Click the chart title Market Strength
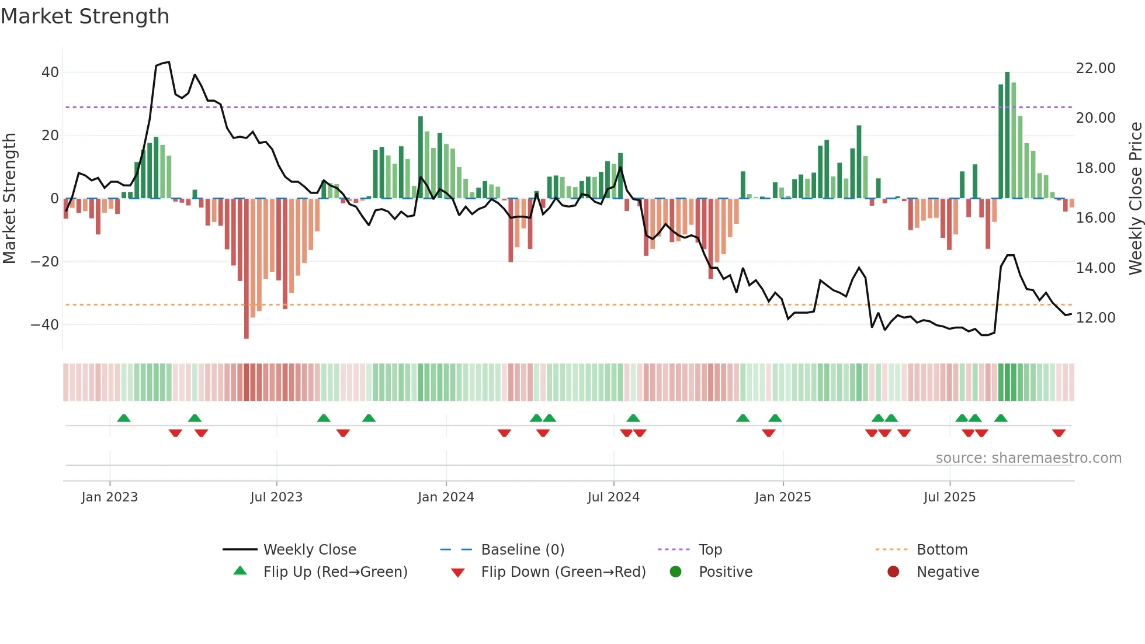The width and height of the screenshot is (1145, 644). pyautogui.click(x=85, y=16)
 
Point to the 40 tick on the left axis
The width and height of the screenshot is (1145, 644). pyautogui.click(x=50, y=72)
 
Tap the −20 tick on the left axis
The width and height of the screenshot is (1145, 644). pyautogui.click(x=45, y=261)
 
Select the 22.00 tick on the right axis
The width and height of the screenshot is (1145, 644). pyautogui.click(x=1095, y=68)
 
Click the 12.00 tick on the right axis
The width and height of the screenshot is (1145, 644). pyautogui.click(x=1095, y=318)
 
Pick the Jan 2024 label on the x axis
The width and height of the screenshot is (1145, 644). pyautogui.click(x=446, y=497)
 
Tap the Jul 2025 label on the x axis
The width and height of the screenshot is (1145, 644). pyautogui.click(x=949, y=497)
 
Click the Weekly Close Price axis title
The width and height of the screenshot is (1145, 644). pyautogui.click(x=1135, y=199)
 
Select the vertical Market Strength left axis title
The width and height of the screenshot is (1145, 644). pyautogui.click(x=9, y=199)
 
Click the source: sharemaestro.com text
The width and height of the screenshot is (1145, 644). pyautogui.click(x=1028, y=458)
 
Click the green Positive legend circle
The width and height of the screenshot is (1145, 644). pyautogui.click(x=676, y=572)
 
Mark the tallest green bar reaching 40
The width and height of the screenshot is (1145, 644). pyautogui.click(x=1007, y=134)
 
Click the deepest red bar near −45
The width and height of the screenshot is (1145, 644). pyautogui.click(x=247, y=269)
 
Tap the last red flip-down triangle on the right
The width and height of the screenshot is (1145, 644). pyautogui.click(x=1059, y=433)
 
